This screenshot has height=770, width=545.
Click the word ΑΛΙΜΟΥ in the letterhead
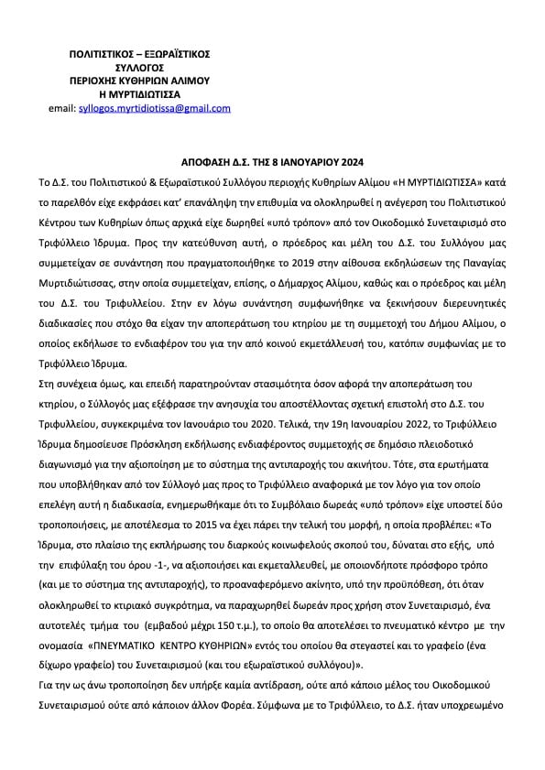tap(189, 81)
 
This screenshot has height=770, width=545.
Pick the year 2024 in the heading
tap(353, 156)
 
